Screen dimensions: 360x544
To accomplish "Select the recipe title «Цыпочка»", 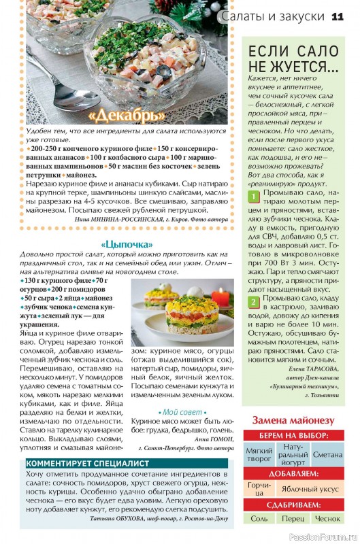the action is (127, 244).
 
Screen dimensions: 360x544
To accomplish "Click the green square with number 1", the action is (252, 197).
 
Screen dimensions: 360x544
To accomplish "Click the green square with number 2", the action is (252, 301).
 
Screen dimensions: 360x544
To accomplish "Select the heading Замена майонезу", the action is (293, 420).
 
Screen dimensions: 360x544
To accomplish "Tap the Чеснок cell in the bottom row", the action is (327, 518).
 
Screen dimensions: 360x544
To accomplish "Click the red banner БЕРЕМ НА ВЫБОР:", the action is (293, 436).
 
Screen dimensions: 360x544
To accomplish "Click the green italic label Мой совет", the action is (182, 412).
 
